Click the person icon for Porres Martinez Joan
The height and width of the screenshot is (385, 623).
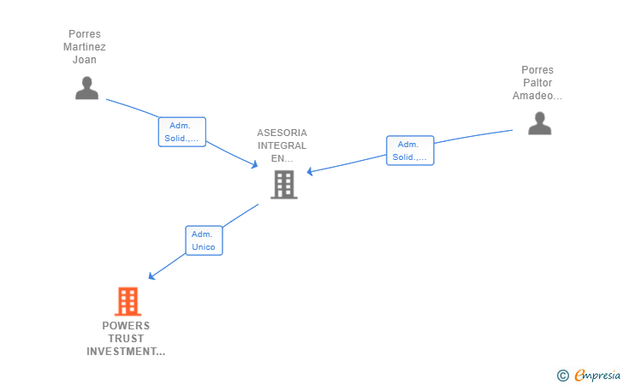[x=86, y=88]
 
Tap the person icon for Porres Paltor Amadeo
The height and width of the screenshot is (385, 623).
[x=539, y=124]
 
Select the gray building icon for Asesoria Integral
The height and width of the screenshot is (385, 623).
[x=283, y=184]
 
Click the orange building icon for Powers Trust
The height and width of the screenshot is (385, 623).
[x=127, y=301]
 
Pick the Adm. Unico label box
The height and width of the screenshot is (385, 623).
[x=204, y=240]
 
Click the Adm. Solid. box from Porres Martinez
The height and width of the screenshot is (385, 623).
[x=181, y=132]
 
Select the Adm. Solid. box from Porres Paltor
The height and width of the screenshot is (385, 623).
[x=410, y=151]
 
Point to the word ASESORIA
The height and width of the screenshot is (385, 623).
[x=282, y=133]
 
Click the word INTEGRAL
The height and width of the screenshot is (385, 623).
[x=282, y=145]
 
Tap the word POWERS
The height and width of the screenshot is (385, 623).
[x=126, y=326]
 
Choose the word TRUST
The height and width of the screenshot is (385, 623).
[x=126, y=339]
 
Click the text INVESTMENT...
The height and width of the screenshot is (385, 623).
[x=125, y=352]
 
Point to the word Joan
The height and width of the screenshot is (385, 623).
[x=85, y=60]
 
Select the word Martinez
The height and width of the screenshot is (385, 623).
[x=85, y=47]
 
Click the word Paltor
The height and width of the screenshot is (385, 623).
[x=537, y=83]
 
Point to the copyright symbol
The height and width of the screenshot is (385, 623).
[x=562, y=375]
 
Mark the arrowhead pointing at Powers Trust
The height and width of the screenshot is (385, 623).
[x=151, y=276]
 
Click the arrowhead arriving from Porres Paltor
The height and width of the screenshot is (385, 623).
[x=310, y=172]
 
